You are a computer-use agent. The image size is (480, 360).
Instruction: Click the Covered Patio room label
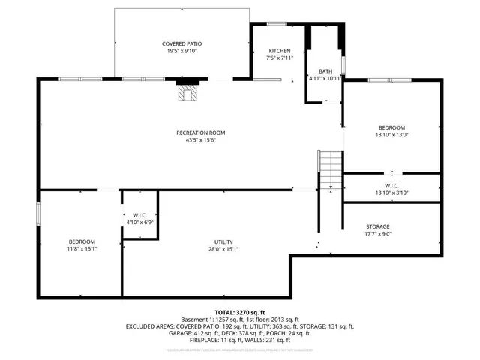tap(182, 44)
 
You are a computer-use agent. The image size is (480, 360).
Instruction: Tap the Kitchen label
tap(279, 51)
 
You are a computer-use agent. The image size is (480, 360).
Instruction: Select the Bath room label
tap(325, 70)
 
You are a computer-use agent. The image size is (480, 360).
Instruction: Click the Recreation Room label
tap(200, 133)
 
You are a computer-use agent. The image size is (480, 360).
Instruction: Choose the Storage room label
tap(378, 226)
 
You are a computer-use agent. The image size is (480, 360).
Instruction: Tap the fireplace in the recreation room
tap(186, 92)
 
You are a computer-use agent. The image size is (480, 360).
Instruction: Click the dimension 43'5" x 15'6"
tap(200, 140)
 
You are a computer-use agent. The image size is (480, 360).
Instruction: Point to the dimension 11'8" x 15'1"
tap(82, 249)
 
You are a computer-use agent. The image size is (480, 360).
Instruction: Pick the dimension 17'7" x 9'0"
tap(378, 234)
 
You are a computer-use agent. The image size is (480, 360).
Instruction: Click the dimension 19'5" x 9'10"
tap(182, 52)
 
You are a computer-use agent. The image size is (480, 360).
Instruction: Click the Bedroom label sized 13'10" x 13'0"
tap(391, 127)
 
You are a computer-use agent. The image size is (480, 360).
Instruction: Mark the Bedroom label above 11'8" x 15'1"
tap(82, 241)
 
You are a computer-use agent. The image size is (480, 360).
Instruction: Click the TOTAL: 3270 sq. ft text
tap(240, 312)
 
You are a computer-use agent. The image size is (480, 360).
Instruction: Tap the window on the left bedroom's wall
tap(39, 211)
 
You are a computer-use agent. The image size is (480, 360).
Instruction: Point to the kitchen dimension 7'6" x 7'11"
tap(279, 58)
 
